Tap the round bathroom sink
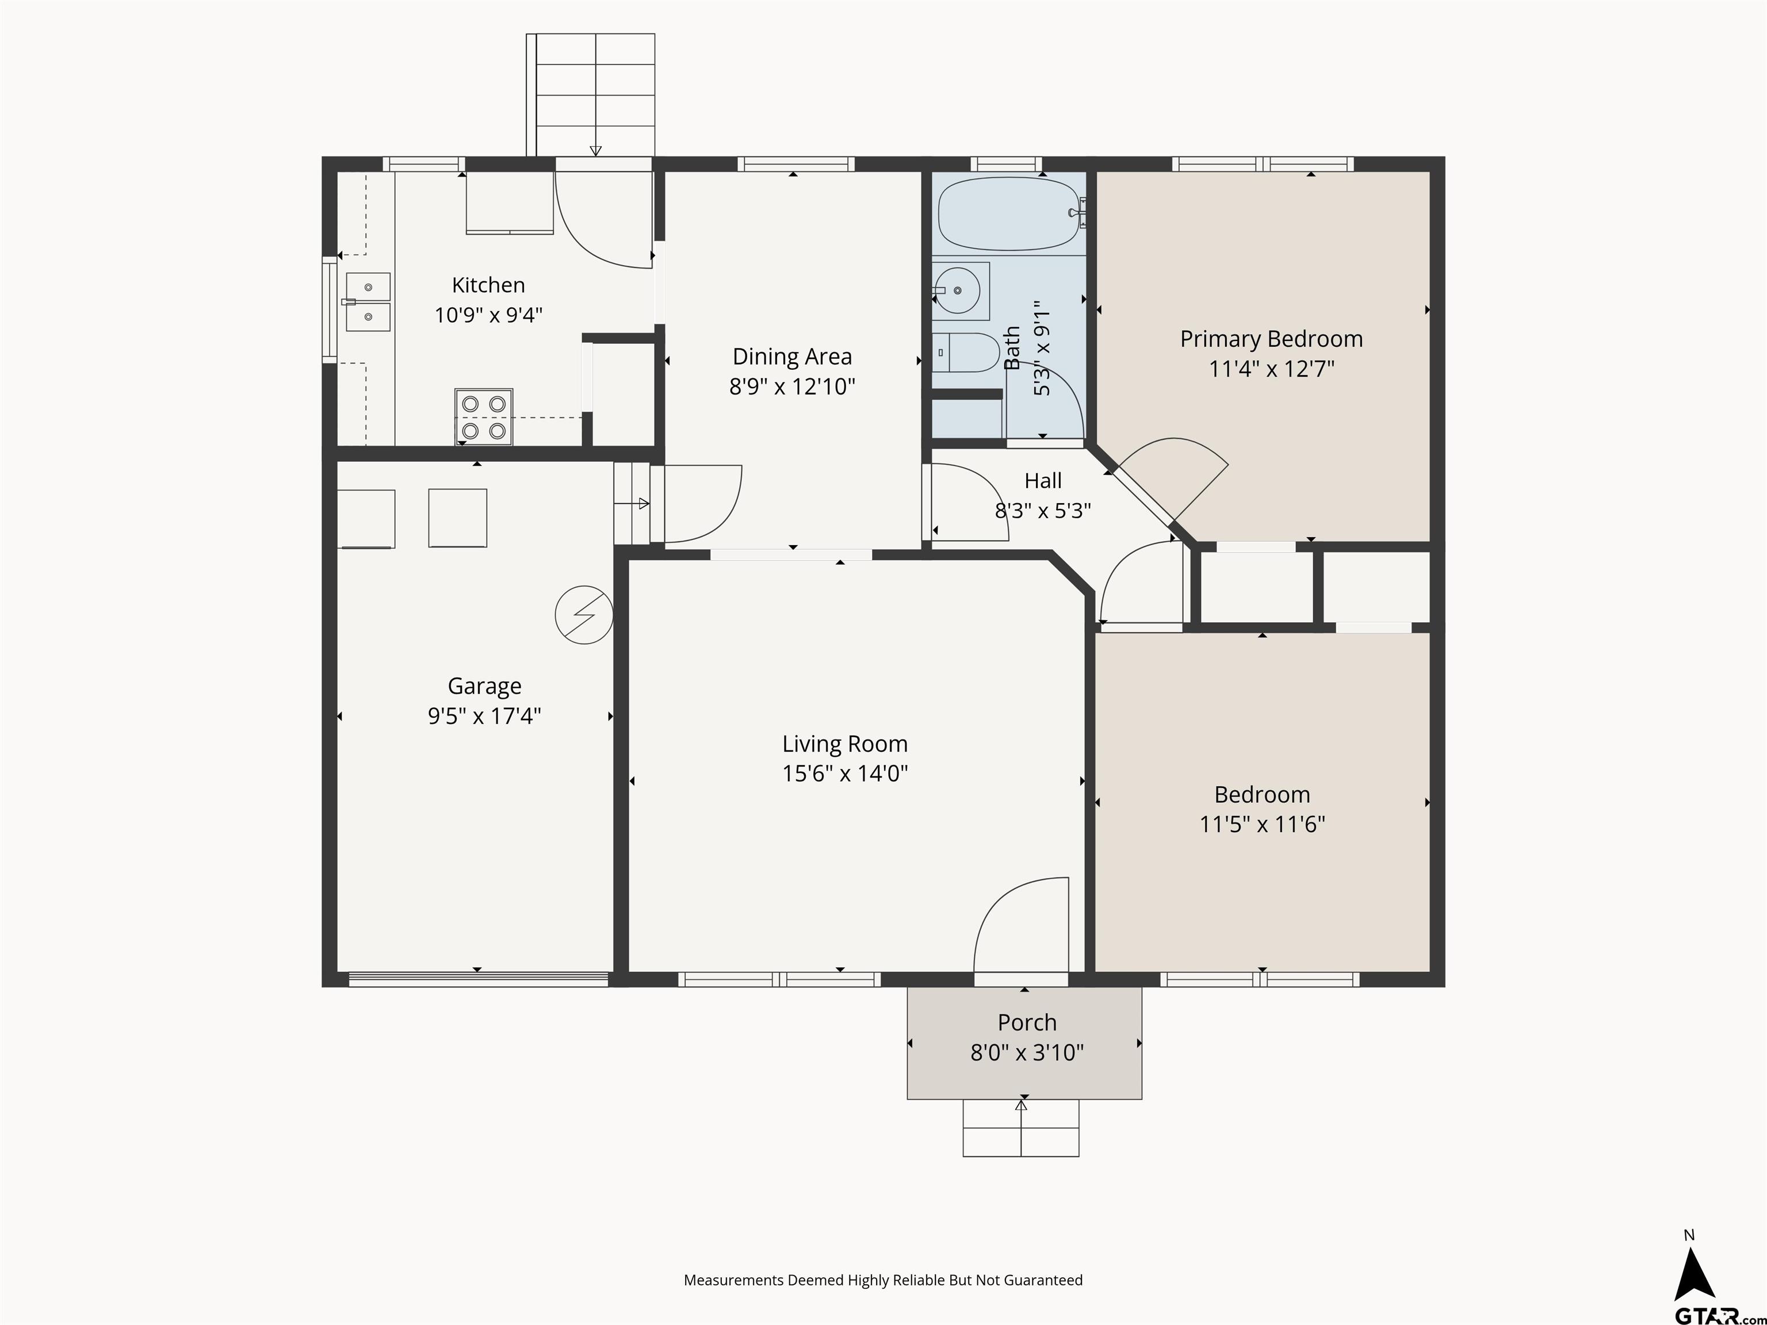[958, 291]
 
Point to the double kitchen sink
[368, 302]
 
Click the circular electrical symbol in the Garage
[584, 615]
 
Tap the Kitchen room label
[488, 285]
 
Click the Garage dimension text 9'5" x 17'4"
[484, 715]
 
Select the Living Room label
[845, 744]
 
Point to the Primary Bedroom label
[1272, 339]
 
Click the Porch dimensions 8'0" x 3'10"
[1027, 1052]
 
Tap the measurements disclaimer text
[883, 1280]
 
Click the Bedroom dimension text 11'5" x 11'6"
[1262, 824]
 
